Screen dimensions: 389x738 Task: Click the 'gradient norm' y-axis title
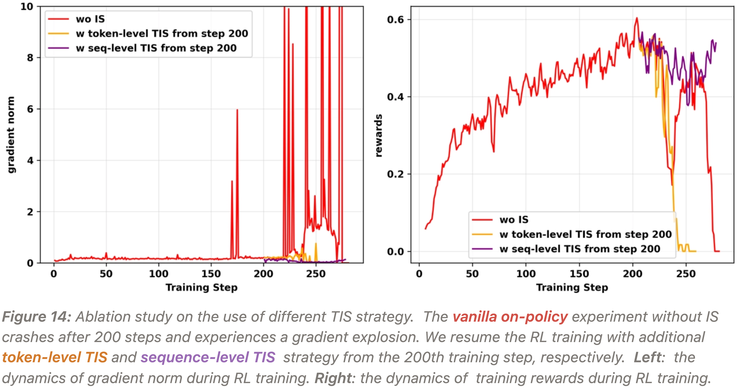(11, 135)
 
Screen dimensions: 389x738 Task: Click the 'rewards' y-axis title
(378, 135)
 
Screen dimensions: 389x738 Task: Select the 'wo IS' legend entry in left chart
(90, 19)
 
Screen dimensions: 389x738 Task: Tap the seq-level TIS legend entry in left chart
(156, 48)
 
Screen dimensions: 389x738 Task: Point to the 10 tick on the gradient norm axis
(27, 7)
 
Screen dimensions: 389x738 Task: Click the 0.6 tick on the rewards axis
(395, 20)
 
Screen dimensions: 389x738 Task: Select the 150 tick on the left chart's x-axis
(211, 274)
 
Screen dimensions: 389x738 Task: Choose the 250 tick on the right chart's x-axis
(686, 274)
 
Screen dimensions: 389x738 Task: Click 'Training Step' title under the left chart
(201, 287)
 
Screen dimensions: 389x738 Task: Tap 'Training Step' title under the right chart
(572, 287)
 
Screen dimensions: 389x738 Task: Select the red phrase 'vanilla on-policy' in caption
(510, 317)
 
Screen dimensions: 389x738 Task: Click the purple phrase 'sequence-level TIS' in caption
(208, 357)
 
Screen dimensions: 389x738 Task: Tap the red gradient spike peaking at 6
(237, 110)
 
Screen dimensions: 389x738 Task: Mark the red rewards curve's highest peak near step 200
(637, 18)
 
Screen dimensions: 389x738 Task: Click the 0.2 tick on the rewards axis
(395, 174)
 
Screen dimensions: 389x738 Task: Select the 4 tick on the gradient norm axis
(30, 161)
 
